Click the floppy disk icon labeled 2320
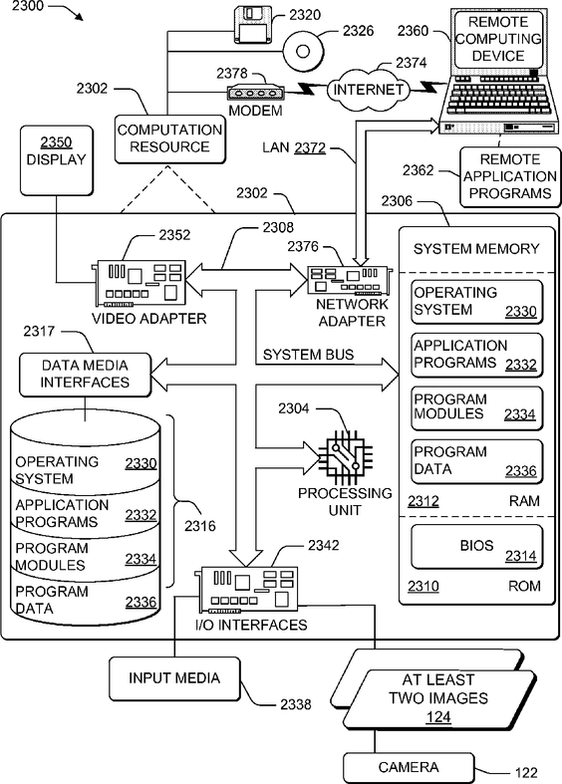tap(253, 25)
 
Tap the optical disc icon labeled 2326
tap(303, 51)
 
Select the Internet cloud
tap(368, 90)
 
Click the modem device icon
tap(255, 93)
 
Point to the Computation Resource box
tap(170, 139)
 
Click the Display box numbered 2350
tap(57, 160)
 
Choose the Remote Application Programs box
tap(510, 176)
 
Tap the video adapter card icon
tap(139, 283)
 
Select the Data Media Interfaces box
tap(85, 375)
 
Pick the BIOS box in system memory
tap(476, 547)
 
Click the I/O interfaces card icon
tap(248, 590)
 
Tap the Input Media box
tap(174, 678)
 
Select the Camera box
tap(409, 767)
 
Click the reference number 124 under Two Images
tap(438, 716)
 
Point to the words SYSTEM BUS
tap(309, 355)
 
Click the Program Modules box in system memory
tap(476, 408)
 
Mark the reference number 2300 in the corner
tap(28, 6)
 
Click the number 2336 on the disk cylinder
tap(141, 602)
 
